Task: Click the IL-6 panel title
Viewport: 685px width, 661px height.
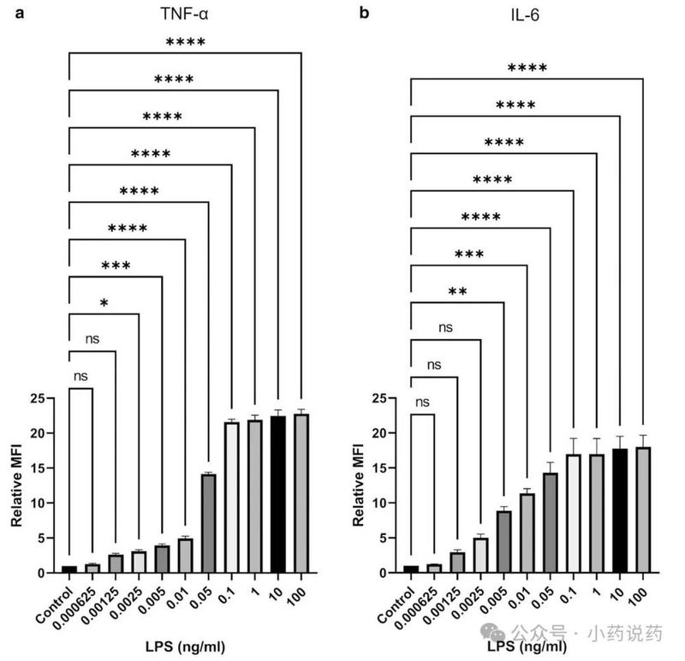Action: click(x=527, y=15)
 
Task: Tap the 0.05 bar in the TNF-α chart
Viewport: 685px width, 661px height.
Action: click(x=208, y=522)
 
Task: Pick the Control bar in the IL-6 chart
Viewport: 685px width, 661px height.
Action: click(x=412, y=568)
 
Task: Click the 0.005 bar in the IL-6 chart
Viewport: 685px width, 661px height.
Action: click(x=504, y=540)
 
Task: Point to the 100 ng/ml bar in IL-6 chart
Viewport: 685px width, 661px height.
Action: click(x=643, y=509)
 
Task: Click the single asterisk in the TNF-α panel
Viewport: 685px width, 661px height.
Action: click(x=104, y=303)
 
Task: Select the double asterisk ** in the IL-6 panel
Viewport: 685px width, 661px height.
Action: click(x=457, y=292)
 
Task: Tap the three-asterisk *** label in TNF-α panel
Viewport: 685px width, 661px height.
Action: click(x=116, y=265)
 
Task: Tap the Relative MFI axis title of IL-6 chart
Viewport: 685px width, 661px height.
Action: click(x=358, y=484)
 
